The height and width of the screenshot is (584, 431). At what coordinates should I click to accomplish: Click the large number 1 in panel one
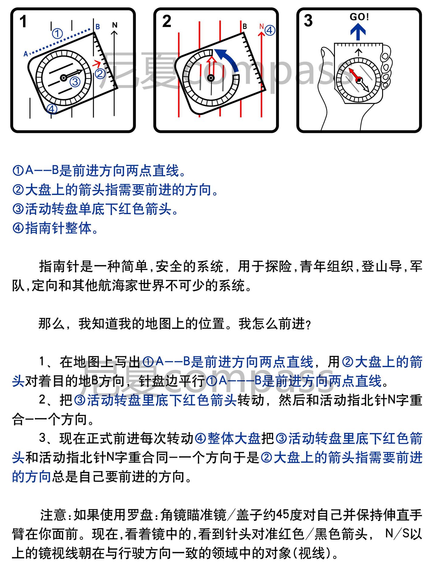[23, 22]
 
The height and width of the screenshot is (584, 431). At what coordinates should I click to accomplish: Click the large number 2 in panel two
[167, 22]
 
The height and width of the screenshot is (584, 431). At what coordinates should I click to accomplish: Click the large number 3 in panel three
[308, 21]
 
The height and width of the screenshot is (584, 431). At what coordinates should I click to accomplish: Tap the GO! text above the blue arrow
[359, 17]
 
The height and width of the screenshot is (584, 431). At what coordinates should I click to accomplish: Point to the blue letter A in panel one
[26, 54]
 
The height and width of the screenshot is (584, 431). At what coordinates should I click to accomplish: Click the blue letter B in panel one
[98, 27]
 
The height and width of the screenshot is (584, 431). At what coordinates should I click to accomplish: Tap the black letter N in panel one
[115, 25]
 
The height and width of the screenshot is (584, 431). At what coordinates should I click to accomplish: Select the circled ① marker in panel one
[57, 33]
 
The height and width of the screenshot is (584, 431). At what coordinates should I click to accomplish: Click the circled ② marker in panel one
[100, 74]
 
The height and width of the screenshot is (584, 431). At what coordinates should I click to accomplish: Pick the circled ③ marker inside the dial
[75, 82]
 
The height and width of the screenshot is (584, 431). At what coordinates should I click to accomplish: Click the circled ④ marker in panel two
[270, 30]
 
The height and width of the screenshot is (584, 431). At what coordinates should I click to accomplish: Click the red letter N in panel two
[261, 26]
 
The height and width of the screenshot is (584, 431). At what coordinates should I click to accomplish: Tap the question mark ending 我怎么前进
[309, 325]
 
